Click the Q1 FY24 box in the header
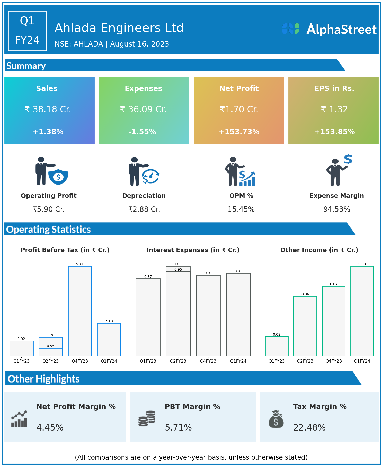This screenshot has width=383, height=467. click(27, 31)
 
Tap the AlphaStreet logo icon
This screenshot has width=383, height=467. click(291, 29)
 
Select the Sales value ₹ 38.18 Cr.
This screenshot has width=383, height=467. click(48, 109)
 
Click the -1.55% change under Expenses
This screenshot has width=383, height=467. click(142, 132)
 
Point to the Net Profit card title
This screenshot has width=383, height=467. click(239, 88)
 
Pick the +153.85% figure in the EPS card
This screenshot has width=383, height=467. click(334, 132)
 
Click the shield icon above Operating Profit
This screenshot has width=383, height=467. click(58, 177)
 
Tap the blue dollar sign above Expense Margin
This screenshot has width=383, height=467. click(348, 159)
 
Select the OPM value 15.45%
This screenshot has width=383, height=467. click(241, 209)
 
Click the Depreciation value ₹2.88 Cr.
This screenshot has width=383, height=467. click(144, 209)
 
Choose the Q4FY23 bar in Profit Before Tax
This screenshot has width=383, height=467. click(80, 311)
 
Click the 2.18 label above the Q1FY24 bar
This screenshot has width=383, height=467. click(109, 321)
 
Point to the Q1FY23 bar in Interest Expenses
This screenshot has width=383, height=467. click(148, 317)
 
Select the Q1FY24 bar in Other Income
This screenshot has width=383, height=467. click(362, 311)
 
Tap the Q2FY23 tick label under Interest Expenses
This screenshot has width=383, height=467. click(178, 361)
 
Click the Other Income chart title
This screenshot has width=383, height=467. click(319, 250)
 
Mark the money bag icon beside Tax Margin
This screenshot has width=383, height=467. click(276, 419)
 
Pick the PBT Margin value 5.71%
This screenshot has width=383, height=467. click(178, 427)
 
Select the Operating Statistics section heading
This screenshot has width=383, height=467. click(49, 229)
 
